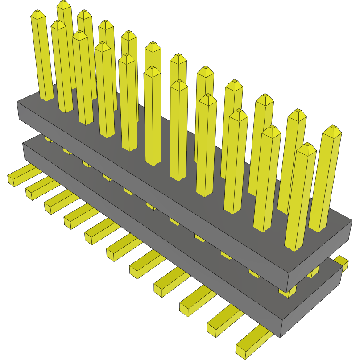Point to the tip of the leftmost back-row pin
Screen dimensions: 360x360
coord(64,4)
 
